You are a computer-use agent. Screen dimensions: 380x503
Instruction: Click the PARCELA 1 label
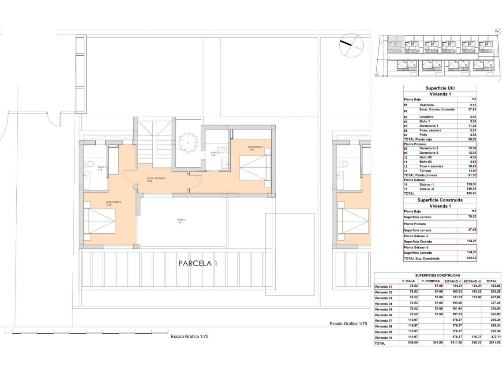(198, 263)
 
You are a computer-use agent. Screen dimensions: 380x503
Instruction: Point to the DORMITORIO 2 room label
(113, 203)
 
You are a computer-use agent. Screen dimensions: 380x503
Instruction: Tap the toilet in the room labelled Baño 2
(90, 164)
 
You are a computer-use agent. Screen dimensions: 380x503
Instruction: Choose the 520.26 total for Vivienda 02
(491, 292)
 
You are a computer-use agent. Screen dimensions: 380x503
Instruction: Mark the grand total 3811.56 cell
(491, 343)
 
